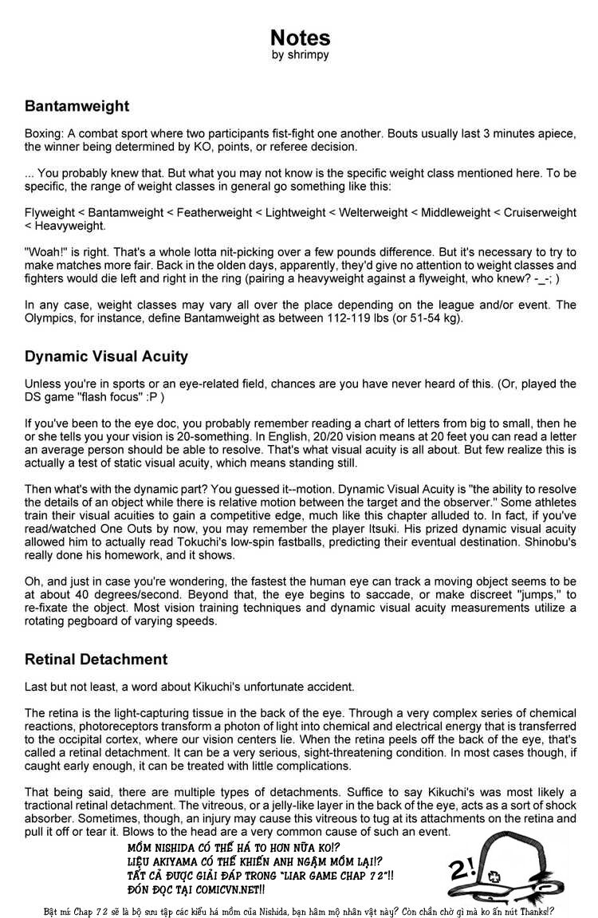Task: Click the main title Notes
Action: (300, 37)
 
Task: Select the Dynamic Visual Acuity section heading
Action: (106, 357)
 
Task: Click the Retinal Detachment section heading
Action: (96, 659)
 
